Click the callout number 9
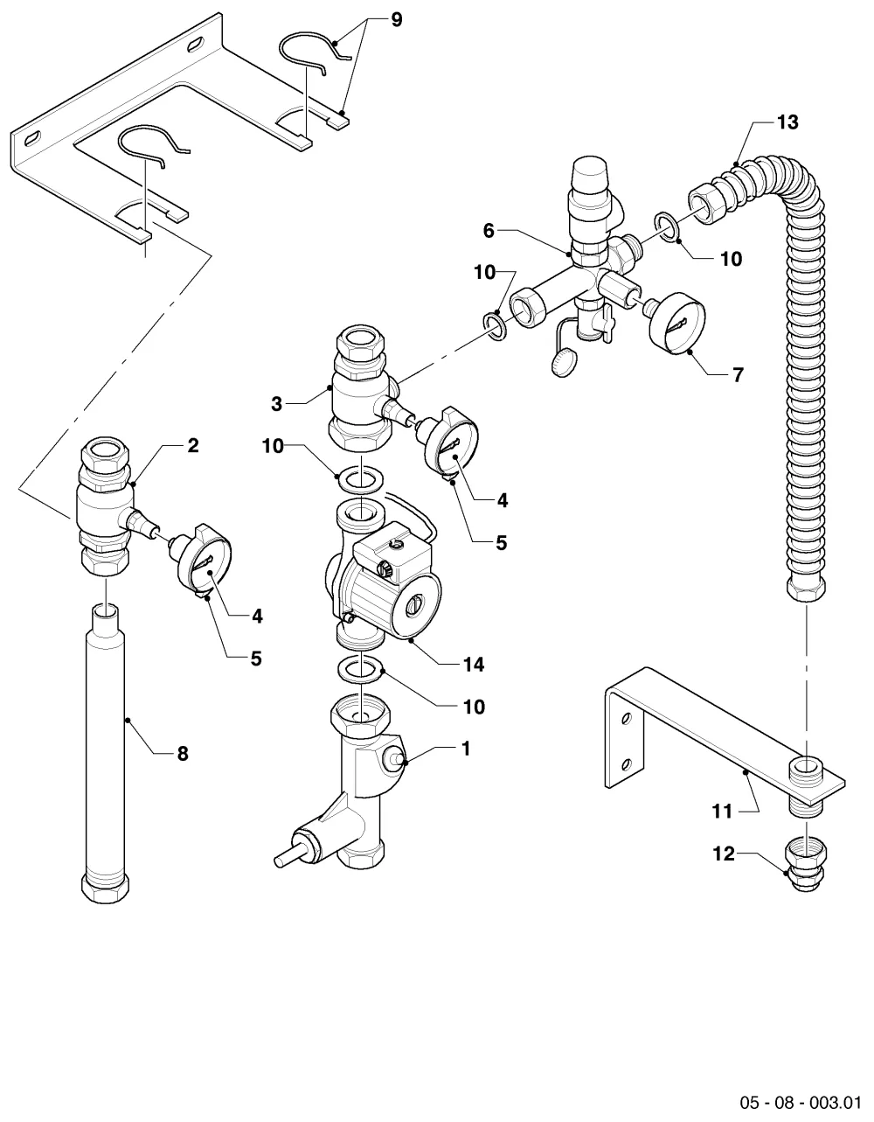(x=396, y=20)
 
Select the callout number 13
(x=787, y=122)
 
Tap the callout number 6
(x=488, y=231)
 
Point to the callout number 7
(x=739, y=375)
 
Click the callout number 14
(x=474, y=665)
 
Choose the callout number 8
(x=183, y=753)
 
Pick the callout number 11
(x=722, y=812)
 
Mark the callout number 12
(x=724, y=854)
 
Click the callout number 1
(x=466, y=749)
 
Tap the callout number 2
(x=193, y=445)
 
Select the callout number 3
(x=276, y=404)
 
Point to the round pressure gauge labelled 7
(x=676, y=324)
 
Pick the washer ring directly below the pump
(x=360, y=670)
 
